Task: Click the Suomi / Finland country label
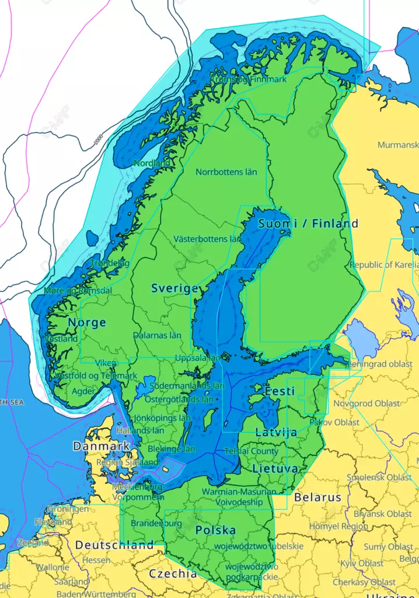click(308, 224)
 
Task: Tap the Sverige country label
click(174, 288)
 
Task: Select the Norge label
click(87, 322)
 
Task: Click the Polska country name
click(215, 530)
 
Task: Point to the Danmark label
click(102, 446)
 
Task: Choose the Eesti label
click(280, 391)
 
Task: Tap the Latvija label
click(276, 432)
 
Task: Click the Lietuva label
click(275, 469)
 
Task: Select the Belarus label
click(317, 498)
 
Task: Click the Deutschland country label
click(114, 545)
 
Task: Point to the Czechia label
click(173, 573)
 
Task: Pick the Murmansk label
click(397, 145)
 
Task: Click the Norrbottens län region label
click(226, 172)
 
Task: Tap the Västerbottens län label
click(207, 239)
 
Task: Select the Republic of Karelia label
click(383, 265)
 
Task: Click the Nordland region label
click(152, 164)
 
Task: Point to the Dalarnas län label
click(156, 336)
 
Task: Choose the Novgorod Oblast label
click(366, 404)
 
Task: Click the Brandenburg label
click(156, 523)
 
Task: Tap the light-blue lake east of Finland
click(361, 339)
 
